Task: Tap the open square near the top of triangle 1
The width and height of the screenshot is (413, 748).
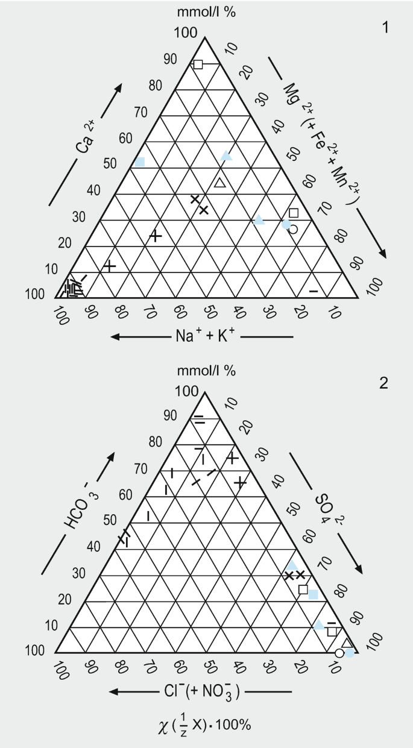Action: pyautogui.click(x=198, y=64)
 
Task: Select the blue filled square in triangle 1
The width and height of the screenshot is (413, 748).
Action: pyautogui.click(x=140, y=162)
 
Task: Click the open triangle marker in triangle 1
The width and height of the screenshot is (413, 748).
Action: pyautogui.click(x=220, y=183)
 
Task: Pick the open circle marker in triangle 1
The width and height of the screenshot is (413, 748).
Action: pyautogui.click(x=293, y=229)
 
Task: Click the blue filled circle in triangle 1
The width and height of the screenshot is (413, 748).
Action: pyautogui.click(x=286, y=224)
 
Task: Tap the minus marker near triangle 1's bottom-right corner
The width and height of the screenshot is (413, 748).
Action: pyautogui.click(x=314, y=292)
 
